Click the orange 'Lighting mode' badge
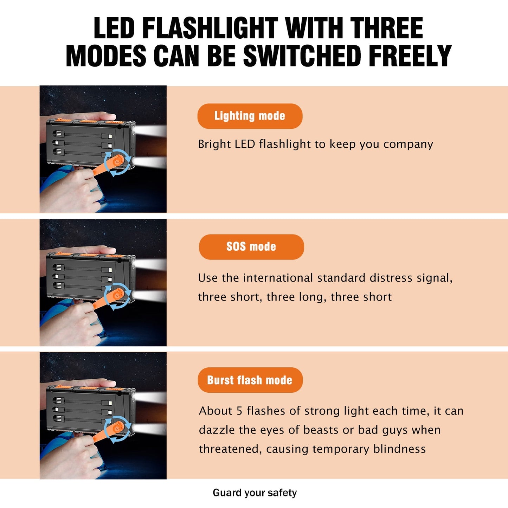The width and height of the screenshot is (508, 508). [250, 116]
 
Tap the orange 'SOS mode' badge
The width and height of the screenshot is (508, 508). [251, 247]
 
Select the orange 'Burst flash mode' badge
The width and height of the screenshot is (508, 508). [250, 380]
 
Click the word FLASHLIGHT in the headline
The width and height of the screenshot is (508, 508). [211, 28]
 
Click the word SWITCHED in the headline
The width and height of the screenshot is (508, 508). [302, 56]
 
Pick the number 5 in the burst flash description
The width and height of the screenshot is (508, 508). [239, 411]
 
